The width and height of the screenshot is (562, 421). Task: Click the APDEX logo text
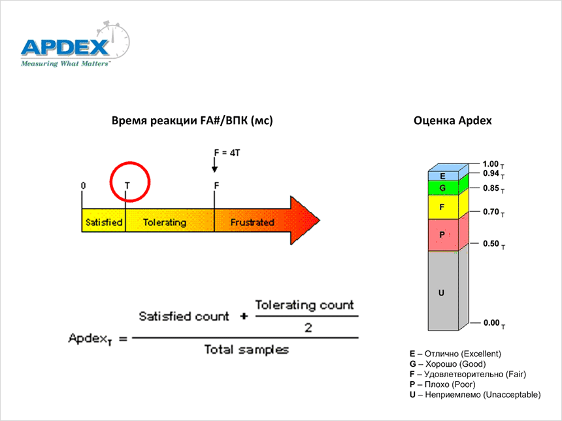point(65,47)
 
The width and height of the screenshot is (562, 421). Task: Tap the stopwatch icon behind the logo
point(114,40)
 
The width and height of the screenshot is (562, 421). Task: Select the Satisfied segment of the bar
point(104,220)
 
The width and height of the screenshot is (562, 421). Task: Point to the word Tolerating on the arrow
point(165,222)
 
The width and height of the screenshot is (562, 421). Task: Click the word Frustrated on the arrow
point(252,222)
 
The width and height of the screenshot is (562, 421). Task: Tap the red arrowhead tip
point(320,220)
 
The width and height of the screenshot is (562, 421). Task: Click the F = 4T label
point(227,153)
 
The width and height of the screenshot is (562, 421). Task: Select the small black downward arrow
point(215,165)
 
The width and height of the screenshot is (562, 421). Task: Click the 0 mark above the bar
point(83,186)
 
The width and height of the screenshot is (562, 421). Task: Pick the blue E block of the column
point(443,176)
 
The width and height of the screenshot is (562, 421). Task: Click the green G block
point(443,188)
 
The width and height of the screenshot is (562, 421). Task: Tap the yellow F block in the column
point(443,207)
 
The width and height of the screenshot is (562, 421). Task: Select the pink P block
point(443,235)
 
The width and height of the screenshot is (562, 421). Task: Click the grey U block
point(443,290)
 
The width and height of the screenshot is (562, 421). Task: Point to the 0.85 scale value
point(491,188)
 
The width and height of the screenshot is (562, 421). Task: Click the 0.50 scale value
point(491,243)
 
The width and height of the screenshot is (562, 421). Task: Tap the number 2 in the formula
point(308,328)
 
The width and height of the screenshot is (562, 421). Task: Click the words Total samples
point(246,349)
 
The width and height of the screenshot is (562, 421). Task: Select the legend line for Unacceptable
point(475,395)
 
